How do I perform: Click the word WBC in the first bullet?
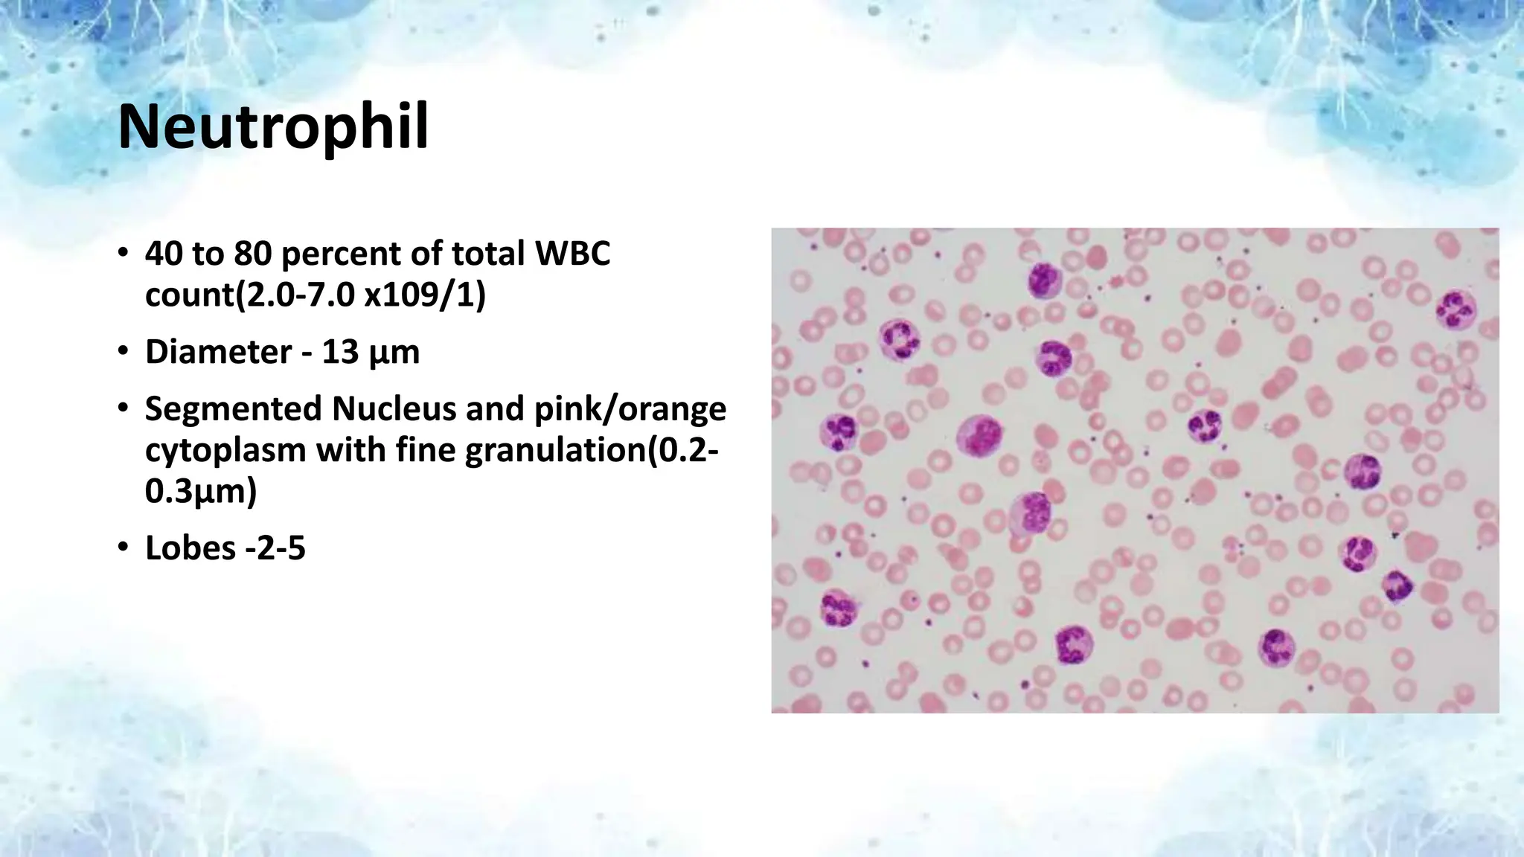[x=572, y=254]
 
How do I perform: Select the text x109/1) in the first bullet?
[x=425, y=295]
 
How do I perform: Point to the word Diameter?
[x=217, y=352]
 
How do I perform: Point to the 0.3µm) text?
[x=201, y=492]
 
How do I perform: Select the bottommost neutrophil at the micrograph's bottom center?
[x=1074, y=644]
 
